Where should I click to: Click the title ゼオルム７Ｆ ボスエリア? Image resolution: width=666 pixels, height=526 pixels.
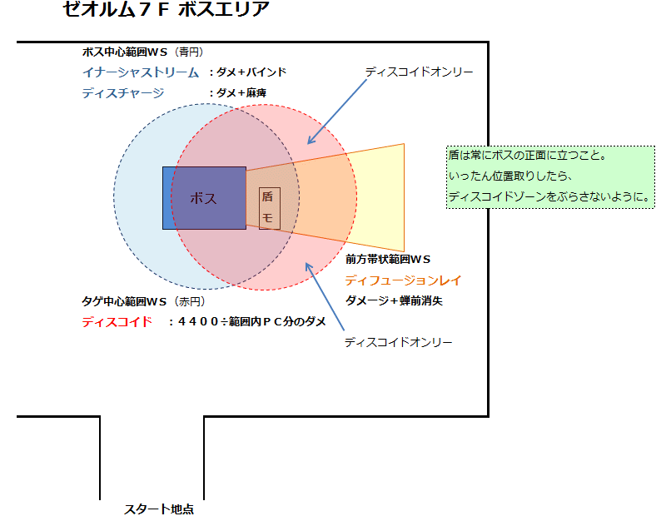click(166, 11)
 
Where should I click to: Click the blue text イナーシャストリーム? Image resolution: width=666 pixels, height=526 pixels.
click(141, 72)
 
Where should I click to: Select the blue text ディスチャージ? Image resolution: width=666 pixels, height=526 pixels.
click(123, 93)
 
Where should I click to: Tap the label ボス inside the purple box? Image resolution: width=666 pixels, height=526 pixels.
click(203, 198)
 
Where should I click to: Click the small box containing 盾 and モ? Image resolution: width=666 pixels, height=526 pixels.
click(269, 208)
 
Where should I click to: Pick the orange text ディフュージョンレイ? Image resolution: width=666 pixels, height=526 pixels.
click(403, 280)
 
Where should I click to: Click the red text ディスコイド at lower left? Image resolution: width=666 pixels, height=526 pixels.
click(117, 321)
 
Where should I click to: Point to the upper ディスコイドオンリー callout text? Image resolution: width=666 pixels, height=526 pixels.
click(419, 72)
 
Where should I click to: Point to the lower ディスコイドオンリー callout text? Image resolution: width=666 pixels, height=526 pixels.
click(398, 342)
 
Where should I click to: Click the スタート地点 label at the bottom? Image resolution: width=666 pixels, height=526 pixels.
click(159, 509)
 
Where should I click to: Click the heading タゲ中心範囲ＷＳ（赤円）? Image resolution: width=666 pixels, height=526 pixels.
click(143, 301)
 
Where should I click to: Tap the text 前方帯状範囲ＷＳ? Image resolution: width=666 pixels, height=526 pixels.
click(388, 260)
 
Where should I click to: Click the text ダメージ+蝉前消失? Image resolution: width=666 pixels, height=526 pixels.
click(394, 301)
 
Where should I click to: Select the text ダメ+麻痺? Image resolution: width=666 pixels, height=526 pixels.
click(237, 93)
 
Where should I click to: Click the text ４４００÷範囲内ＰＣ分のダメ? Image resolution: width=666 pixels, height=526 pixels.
click(246, 322)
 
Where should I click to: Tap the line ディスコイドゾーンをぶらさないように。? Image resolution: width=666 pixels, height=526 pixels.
click(549, 197)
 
